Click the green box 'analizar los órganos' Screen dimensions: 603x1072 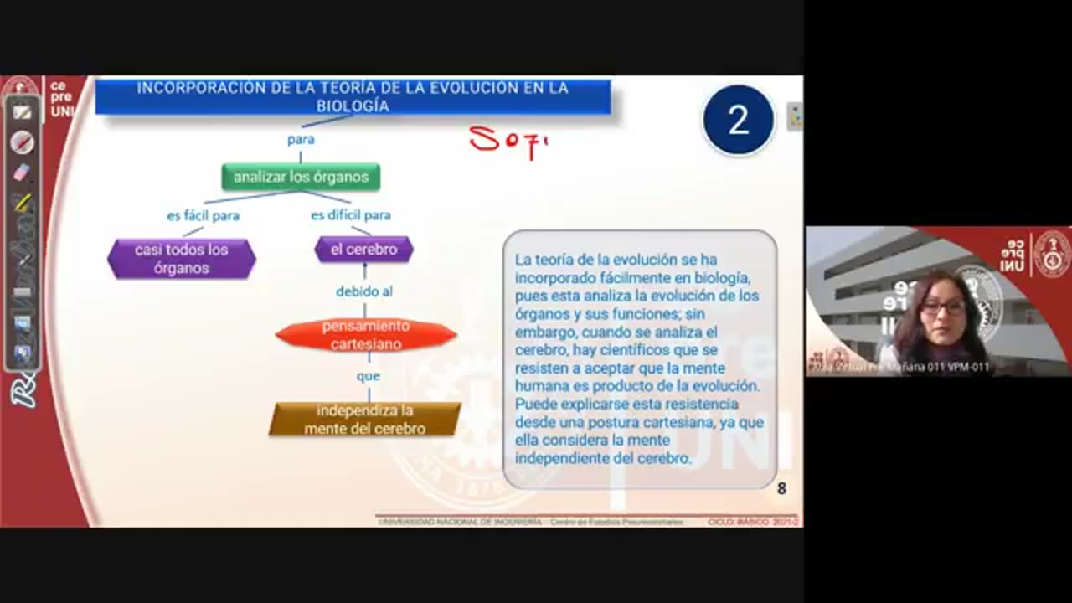coord(301,177)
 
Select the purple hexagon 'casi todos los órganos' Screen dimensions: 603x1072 coord(182,258)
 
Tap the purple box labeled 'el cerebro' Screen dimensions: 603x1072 coord(363,250)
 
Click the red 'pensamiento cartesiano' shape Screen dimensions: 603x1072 coord(366,335)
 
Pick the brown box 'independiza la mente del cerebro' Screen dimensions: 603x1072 coord(364,420)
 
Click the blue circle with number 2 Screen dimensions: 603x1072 coord(738,121)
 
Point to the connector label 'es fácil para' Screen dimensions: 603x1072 coord(203,216)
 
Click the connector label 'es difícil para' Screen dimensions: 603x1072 coord(351,215)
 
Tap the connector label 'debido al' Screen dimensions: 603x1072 coord(364,291)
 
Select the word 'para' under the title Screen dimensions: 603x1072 coord(301,140)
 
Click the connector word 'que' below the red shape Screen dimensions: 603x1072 coord(368,376)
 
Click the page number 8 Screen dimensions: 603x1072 coord(781,488)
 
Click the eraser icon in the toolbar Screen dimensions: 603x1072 coord(23,173)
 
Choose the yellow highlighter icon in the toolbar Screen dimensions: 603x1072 coord(23,202)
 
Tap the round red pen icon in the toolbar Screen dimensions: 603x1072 coord(23,142)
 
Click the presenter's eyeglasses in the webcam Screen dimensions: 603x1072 coord(943,307)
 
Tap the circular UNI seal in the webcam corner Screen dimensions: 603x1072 coord(1051,254)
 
